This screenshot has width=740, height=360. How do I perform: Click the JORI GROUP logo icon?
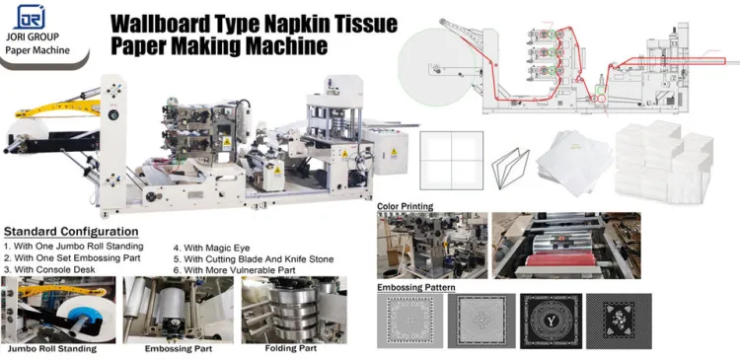30,17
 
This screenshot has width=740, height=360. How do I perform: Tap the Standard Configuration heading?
71,232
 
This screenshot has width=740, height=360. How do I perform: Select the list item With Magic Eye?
211,248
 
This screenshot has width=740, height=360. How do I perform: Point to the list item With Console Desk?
49,270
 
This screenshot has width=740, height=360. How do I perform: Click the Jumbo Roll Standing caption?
52,349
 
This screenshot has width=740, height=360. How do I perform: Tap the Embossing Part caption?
179,349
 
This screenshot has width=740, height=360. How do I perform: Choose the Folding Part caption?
291,348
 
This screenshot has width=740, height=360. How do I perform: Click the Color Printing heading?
405,206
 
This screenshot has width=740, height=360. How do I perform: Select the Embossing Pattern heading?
416,287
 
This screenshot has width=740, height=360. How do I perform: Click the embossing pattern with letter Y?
551,321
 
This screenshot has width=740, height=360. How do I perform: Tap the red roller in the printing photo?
561,259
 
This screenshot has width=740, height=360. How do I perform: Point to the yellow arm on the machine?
57,108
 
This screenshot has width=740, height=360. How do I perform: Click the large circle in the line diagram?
436,65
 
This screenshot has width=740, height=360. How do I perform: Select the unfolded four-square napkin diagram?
451,161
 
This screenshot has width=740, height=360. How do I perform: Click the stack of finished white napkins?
663,162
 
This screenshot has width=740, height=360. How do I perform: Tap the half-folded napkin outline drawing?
510,166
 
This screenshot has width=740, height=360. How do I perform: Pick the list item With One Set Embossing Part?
72,258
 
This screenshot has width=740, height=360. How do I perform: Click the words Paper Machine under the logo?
37,50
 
